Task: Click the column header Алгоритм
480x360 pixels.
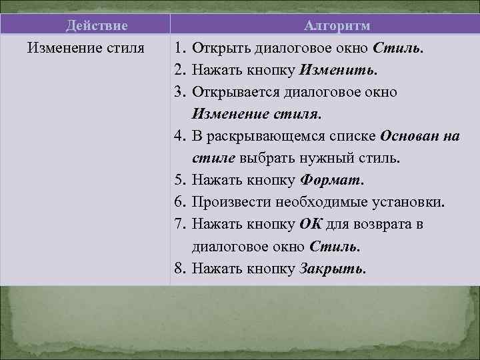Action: click(x=337, y=26)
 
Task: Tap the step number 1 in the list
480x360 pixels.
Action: click(x=179, y=49)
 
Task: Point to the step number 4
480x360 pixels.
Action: click(x=179, y=137)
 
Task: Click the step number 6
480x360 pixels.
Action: click(x=179, y=202)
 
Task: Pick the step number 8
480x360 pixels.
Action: click(x=179, y=269)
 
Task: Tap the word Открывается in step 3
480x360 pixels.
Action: click(x=233, y=93)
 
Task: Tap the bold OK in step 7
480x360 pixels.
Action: click(x=310, y=225)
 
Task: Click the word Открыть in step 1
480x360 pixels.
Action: click(x=218, y=49)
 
